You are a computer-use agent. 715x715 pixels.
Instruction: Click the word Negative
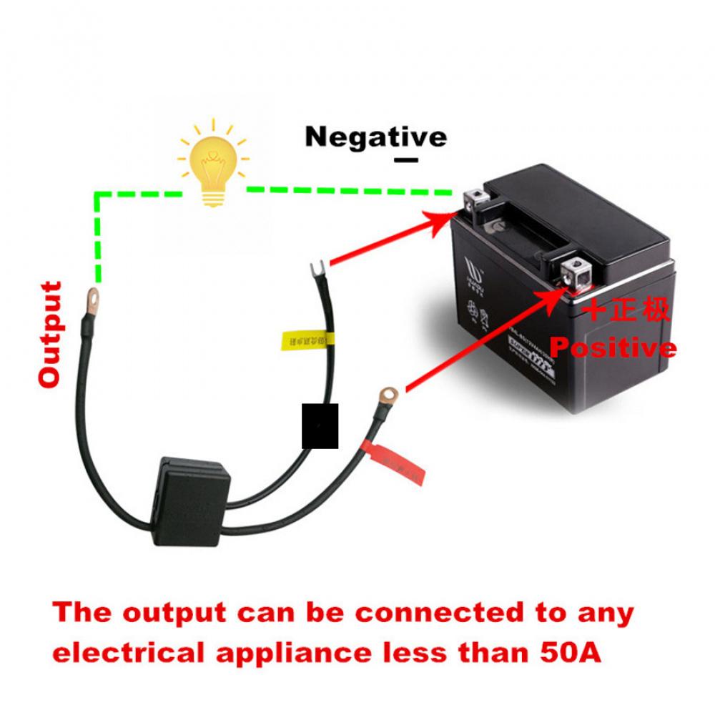pos(375,136)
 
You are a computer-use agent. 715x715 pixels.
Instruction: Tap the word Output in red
pos(50,335)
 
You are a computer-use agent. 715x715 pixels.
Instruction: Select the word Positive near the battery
pos(612,347)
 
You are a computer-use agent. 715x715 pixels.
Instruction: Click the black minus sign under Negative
pos(405,160)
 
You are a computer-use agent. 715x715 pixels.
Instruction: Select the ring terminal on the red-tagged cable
pos(388,393)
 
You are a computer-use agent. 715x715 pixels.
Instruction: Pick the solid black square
pos(320,426)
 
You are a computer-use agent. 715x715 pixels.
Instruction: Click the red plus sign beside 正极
pos(595,311)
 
